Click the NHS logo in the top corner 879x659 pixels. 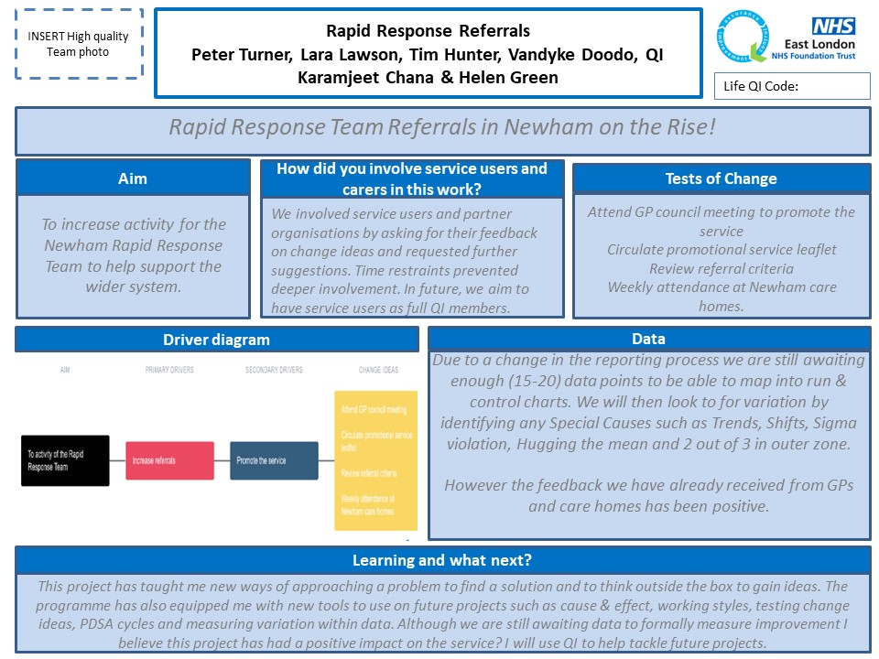click(x=833, y=26)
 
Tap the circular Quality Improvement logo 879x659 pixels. click(x=747, y=39)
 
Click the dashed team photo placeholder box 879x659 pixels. click(x=80, y=44)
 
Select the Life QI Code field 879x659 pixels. click(x=791, y=87)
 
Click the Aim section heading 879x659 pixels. click(x=133, y=178)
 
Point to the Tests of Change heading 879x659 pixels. click(x=721, y=178)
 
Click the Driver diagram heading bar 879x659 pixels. click(x=216, y=340)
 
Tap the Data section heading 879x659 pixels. click(x=648, y=339)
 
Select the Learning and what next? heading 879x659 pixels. click(x=442, y=560)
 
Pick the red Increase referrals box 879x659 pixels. click(x=169, y=460)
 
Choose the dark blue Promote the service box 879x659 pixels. click(x=274, y=460)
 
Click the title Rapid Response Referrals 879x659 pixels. click(x=429, y=31)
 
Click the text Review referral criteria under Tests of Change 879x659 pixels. click(x=721, y=268)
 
